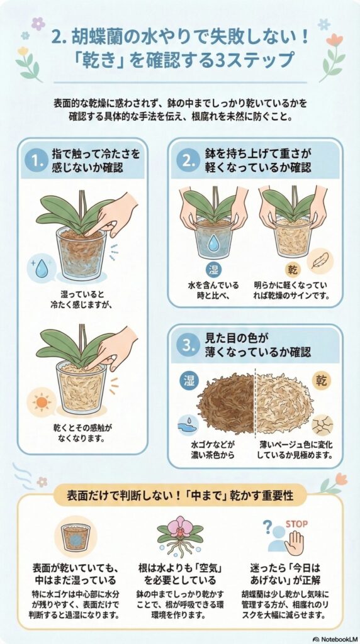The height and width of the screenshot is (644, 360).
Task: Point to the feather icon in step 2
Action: (319, 260)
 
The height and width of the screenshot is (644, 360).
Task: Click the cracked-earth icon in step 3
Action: (324, 425)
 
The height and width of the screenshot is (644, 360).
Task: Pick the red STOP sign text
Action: (295, 523)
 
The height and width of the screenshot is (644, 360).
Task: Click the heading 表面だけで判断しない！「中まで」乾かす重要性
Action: (179, 495)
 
